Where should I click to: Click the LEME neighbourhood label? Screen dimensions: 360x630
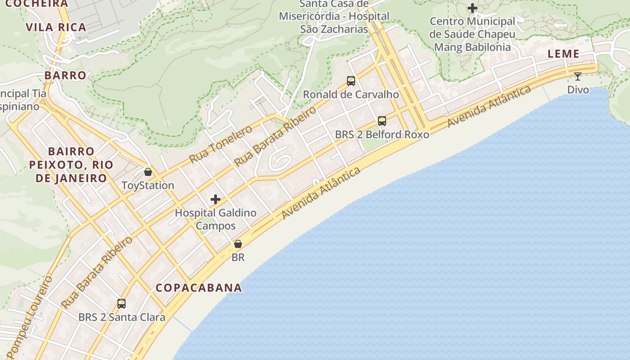click(563, 54)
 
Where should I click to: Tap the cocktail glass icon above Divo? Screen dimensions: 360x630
click(578, 76)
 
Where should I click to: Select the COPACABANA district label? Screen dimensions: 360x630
click(198, 288)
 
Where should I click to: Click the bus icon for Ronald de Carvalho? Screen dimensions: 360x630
click(351, 81)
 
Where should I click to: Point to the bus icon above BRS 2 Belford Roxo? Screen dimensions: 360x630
click(382, 121)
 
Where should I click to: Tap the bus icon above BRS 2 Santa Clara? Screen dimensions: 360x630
click(121, 303)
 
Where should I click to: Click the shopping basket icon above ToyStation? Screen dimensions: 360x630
click(148, 172)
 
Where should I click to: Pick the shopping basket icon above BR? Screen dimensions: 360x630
click(238, 244)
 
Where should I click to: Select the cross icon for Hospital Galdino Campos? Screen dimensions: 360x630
click(216, 199)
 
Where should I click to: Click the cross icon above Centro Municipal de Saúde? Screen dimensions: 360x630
click(472, 8)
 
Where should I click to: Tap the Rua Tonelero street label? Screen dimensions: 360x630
click(220, 144)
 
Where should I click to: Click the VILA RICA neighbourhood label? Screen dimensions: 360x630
click(56, 27)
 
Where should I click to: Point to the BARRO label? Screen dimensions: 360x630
click(65, 75)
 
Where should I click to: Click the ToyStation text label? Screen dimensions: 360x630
click(148, 185)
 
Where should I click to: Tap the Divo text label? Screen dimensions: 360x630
click(578, 90)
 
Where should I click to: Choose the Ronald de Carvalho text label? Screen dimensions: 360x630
click(351, 94)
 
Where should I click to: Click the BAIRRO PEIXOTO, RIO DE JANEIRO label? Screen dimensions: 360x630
click(71, 165)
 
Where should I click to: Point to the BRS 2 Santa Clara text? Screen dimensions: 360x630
click(121, 317)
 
